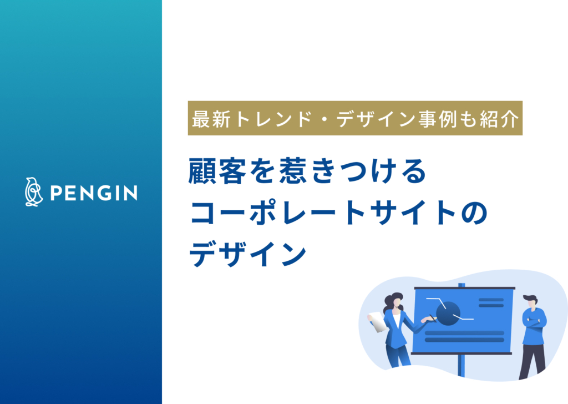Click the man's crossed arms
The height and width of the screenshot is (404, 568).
[x=534, y=321]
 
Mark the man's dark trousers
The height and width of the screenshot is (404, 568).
[x=533, y=358]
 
